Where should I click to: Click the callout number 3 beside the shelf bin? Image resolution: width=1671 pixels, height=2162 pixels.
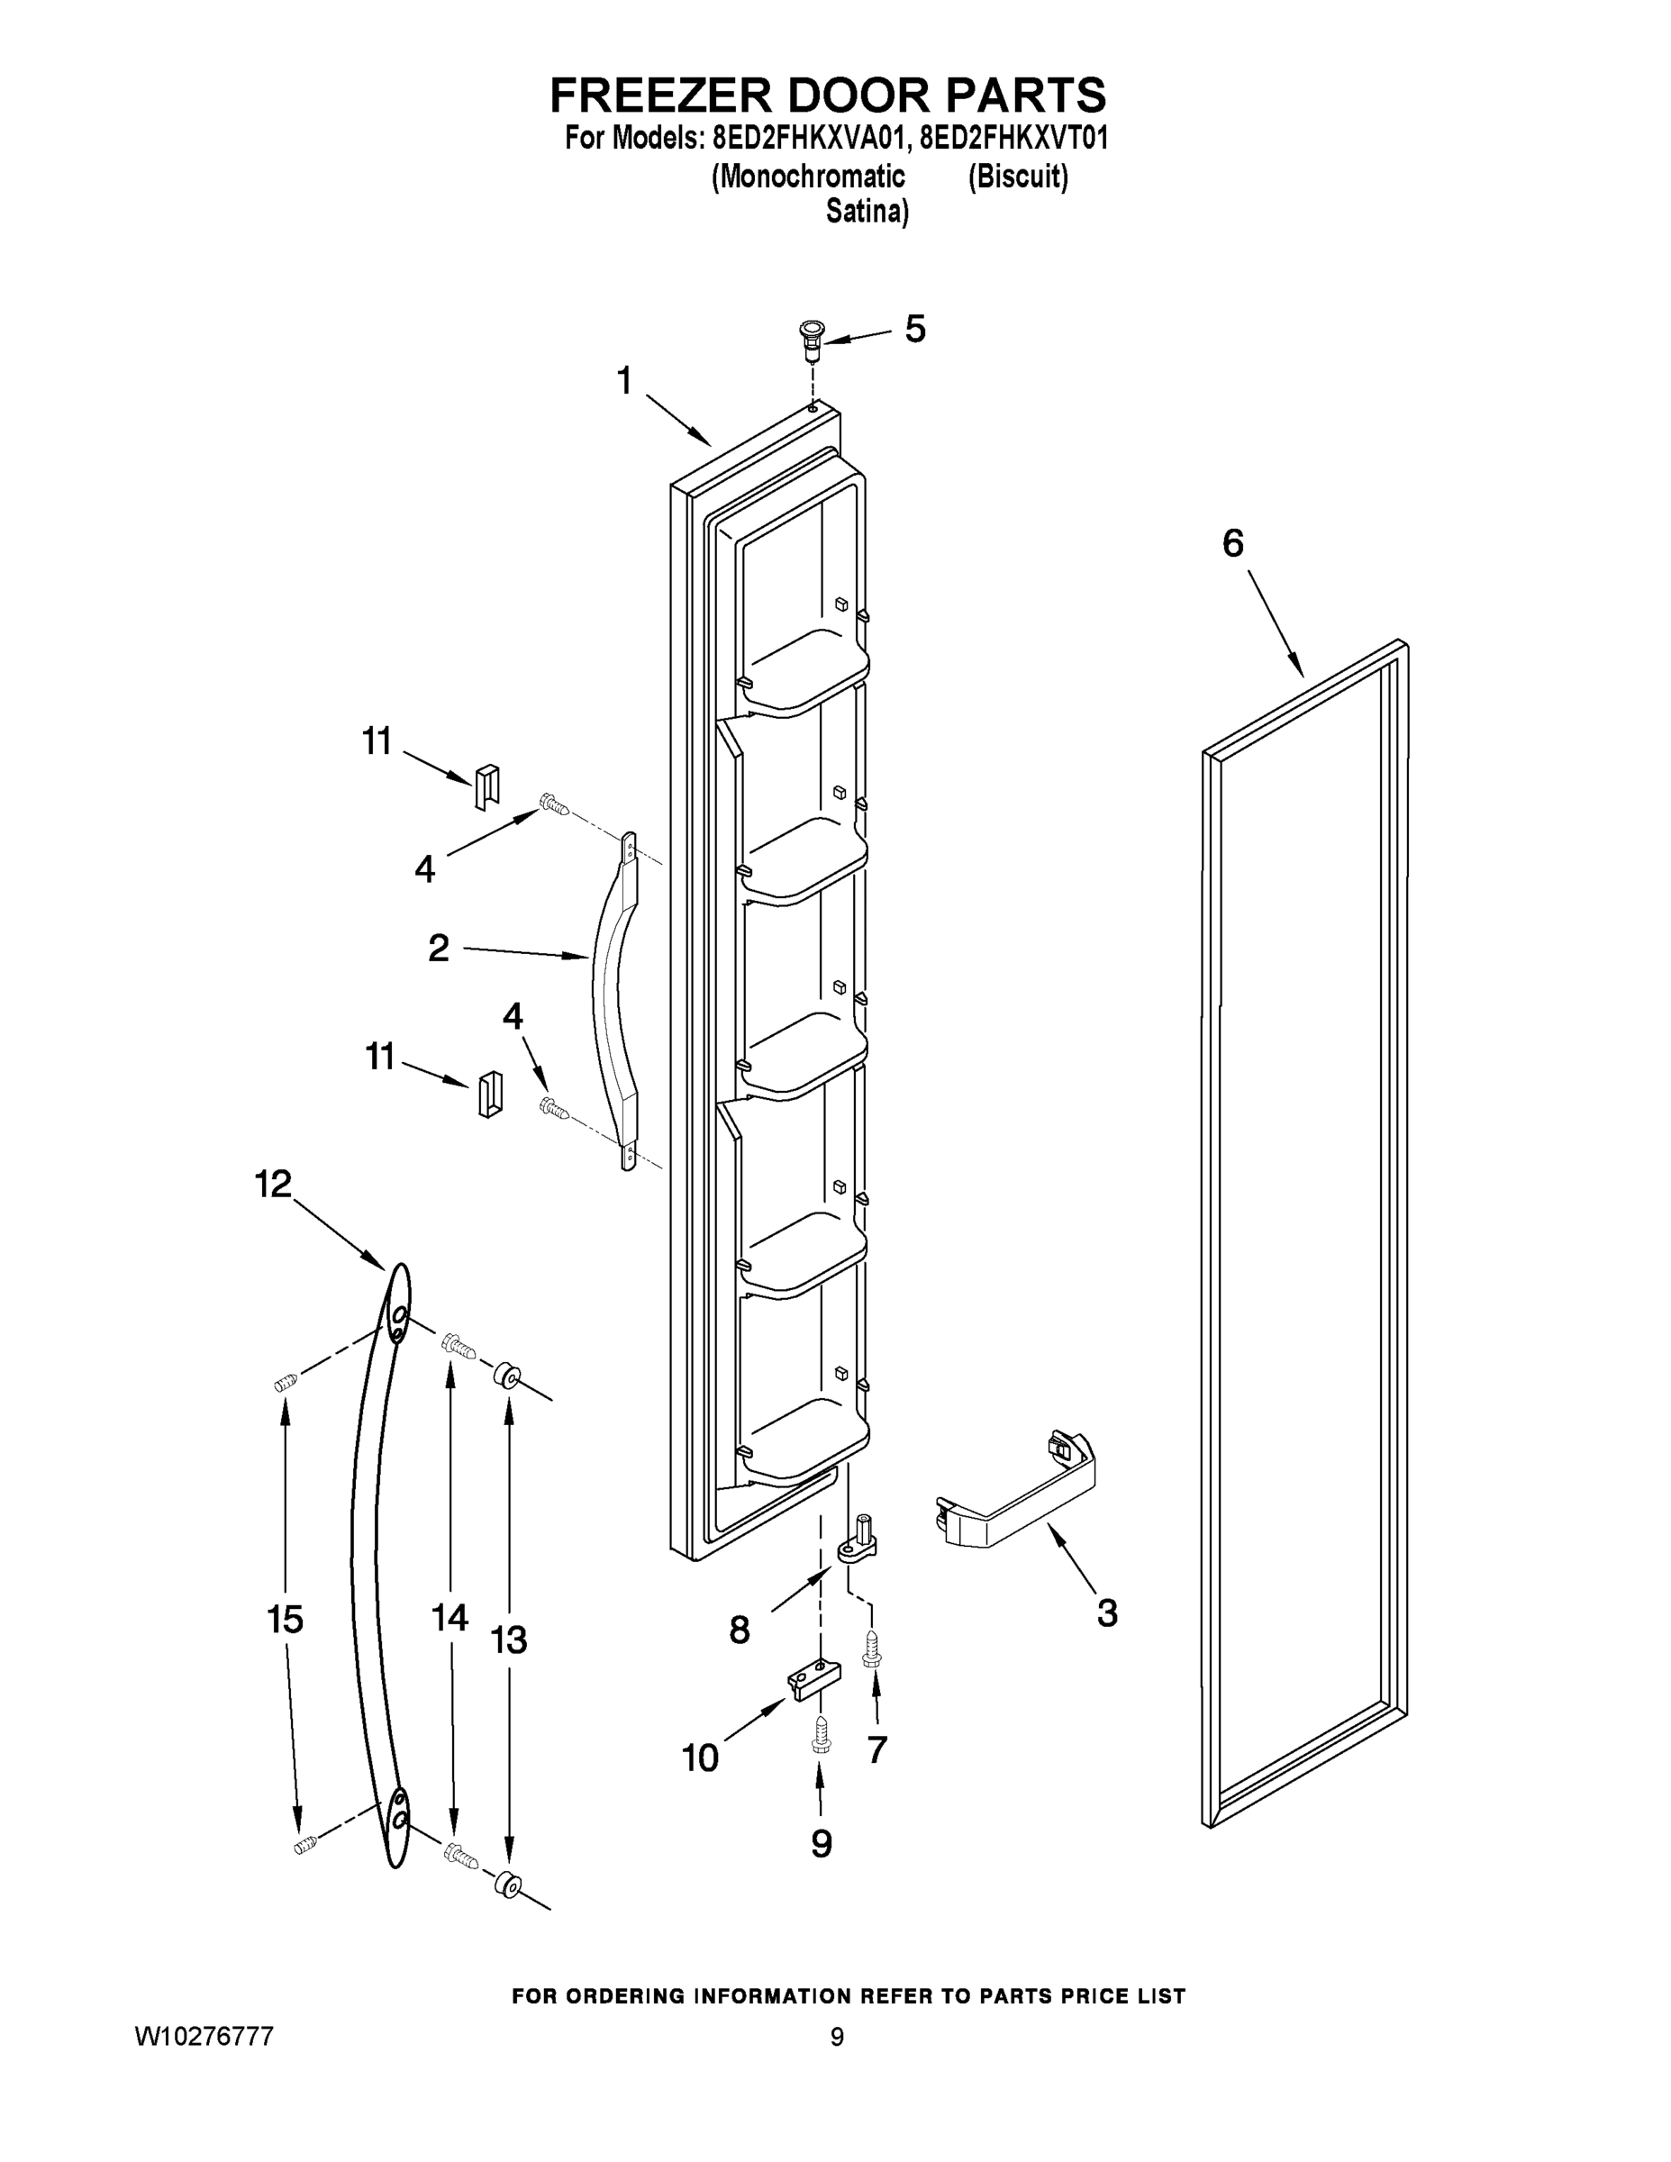pos(1107,1612)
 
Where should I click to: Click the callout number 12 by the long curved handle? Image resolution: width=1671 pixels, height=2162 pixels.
pos(273,1183)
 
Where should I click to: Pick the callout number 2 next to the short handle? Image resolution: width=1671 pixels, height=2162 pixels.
pos(438,948)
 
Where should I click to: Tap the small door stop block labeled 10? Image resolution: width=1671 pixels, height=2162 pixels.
pos(813,1680)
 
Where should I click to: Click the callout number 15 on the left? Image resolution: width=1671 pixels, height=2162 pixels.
pos(284,1621)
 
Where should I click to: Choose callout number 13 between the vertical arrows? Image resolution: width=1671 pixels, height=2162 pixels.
pos(509,1640)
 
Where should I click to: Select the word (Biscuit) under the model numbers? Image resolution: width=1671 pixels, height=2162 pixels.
pos(1017,177)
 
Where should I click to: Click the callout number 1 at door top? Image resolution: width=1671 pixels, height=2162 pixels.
pos(624,380)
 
